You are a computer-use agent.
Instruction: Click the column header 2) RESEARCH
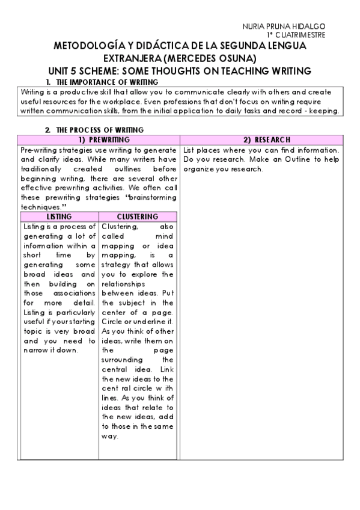(267, 140)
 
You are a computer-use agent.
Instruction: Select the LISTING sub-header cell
(59, 217)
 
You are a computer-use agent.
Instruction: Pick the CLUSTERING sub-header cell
(138, 217)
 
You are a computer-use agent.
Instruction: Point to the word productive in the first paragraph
(79, 93)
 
